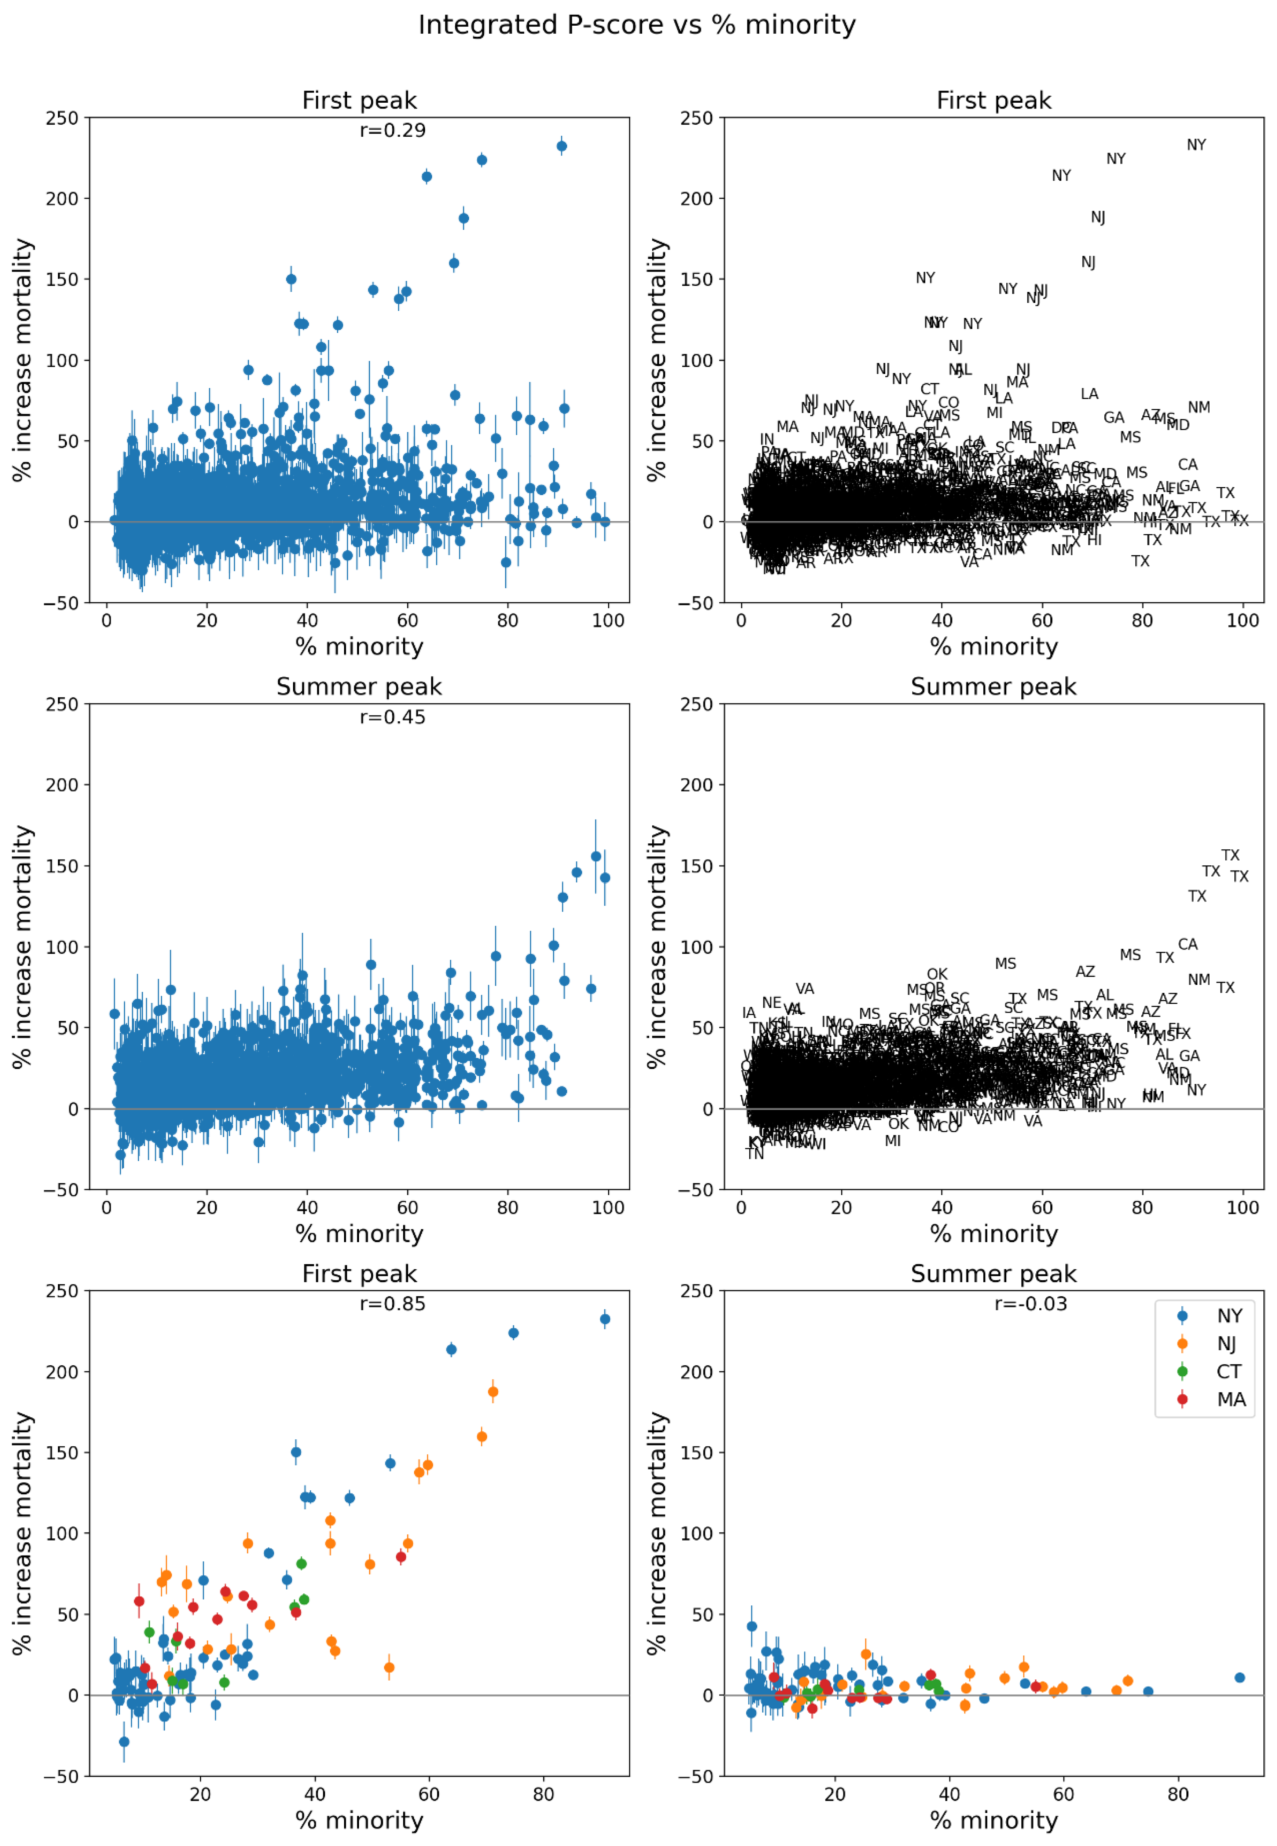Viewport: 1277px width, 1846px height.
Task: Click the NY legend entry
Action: pos(1228,1316)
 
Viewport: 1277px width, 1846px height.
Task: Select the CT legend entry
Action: pos(1228,1372)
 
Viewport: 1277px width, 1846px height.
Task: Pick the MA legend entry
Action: pos(1230,1400)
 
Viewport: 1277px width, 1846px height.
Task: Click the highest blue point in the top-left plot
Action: pos(562,146)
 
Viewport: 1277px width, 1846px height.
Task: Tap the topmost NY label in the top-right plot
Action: pos(1196,145)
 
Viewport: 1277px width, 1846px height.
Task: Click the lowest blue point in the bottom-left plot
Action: pos(124,1742)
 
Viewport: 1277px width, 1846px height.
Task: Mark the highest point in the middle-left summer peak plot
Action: pos(595,857)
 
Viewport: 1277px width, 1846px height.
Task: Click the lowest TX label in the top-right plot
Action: pos(1140,561)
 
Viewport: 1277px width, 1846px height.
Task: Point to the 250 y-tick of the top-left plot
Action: pos(62,118)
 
